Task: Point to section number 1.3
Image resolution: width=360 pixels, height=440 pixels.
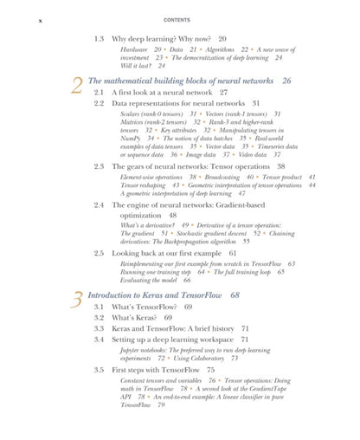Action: click(100, 39)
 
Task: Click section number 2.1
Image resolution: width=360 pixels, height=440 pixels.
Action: click(100, 92)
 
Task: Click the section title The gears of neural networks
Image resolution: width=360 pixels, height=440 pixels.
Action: click(190, 165)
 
